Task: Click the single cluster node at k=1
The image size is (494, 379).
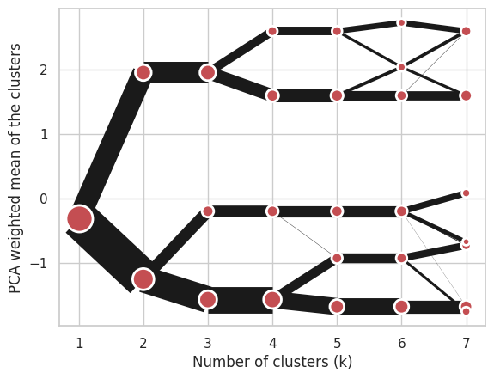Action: [x=80, y=218]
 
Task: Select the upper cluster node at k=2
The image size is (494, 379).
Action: [x=143, y=72]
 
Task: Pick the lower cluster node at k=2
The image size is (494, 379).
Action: [x=143, y=278]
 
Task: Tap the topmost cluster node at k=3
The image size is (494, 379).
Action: [x=208, y=72]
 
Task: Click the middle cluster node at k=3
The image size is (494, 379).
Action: [x=208, y=211]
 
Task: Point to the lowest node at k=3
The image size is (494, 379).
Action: [x=208, y=299]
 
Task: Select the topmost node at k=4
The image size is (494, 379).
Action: [x=272, y=31]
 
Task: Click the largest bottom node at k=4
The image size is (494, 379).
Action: [x=272, y=299]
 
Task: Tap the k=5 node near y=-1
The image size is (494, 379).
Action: [x=337, y=259]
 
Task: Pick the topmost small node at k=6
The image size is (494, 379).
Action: [x=402, y=22]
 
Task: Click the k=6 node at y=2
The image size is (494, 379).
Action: [x=402, y=67]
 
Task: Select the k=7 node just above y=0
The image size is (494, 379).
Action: [x=466, y=193]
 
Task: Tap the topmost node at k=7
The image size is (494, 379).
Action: [x=466, y=31]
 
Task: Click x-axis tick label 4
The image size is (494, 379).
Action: [x=273, y=343]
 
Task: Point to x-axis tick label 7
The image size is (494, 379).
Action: [x=467, y=343]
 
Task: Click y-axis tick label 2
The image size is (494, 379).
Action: [x=44, y=70]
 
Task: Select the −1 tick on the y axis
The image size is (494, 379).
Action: [x=39, y=263]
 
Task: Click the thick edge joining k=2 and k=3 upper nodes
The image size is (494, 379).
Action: [x=175, y=72]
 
